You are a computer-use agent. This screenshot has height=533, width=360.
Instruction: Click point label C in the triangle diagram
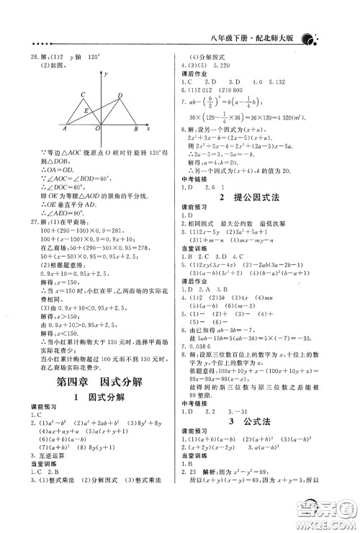coord(84,94)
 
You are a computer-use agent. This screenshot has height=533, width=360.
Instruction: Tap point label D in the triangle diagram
coord(120,94)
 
